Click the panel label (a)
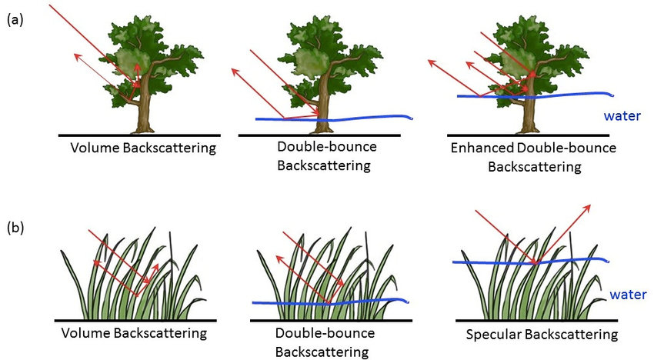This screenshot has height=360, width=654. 15,22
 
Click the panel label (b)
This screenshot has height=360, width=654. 15,228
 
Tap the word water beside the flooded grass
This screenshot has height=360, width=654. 626,294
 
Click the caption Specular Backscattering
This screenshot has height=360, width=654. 542,335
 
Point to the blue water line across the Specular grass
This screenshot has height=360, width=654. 492,263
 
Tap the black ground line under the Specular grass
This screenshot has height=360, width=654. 539,318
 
